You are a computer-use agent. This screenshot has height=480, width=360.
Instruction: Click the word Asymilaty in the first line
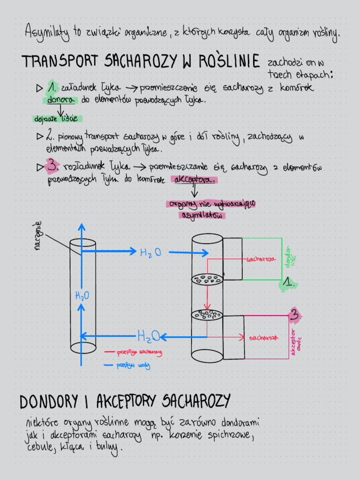[47, 32]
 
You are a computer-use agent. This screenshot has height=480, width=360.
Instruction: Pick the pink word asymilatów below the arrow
[202, 215]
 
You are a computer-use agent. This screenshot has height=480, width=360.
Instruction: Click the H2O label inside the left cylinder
[82, 296]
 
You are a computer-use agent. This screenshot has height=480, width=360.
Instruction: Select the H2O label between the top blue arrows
[151, 253]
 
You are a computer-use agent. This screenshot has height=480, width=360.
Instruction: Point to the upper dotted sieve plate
[207, 280]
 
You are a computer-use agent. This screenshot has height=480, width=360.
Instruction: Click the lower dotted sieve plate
[207, 315]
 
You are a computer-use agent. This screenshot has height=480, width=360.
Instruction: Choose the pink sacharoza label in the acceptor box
[264, 337]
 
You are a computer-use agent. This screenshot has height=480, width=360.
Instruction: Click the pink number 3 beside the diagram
[294, 316]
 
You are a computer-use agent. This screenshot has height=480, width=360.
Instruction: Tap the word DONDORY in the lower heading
[49, 402]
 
